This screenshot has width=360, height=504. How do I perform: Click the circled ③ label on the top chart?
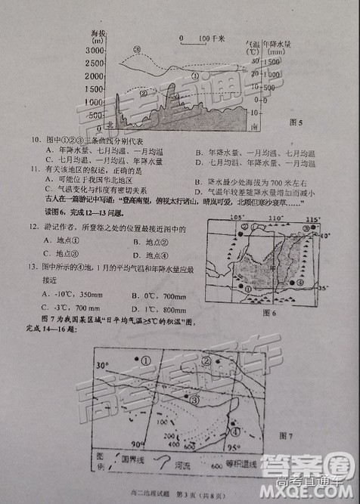pyautogui.click(x=138, y=50)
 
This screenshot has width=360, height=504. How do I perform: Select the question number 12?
pyautogui.click(x=34, y=227)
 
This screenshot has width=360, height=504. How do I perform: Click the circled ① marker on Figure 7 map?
pyautogui.click(x=144, y=361)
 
